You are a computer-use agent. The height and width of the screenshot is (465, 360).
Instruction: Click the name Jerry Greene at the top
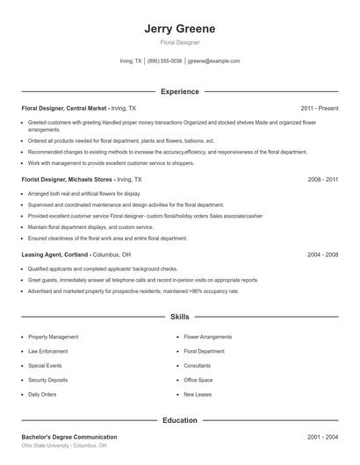coord(179,28)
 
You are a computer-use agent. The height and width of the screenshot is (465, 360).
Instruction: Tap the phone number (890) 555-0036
coord(164,61)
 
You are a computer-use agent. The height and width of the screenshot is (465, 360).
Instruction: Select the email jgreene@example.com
coord(214,61)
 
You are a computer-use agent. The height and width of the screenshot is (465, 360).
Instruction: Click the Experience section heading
coord(179,91)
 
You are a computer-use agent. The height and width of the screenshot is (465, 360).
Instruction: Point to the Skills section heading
coord(179,318)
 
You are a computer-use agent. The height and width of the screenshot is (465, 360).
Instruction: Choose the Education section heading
coord(179,420)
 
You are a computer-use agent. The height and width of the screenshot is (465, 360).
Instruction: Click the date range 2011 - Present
coord(320,108)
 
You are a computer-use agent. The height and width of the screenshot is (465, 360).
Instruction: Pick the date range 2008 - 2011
coord(323,179)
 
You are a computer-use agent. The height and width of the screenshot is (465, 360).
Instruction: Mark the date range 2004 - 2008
coord(323,254)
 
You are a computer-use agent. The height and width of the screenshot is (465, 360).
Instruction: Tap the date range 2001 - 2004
coord(323,437)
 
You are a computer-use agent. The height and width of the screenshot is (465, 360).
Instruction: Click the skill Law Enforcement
coord(47,351)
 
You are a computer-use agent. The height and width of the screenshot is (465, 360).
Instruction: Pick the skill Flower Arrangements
coord(208,337)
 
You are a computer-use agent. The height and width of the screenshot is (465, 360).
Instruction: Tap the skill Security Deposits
coord(48,380)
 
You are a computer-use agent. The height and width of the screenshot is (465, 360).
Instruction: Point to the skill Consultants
coord(198,365)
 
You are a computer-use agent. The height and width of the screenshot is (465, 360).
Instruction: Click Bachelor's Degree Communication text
coord(68,437)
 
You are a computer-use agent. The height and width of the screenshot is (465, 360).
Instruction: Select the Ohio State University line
coord(64,446)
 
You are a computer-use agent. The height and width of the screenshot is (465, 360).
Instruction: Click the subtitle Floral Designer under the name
coord(179,42)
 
